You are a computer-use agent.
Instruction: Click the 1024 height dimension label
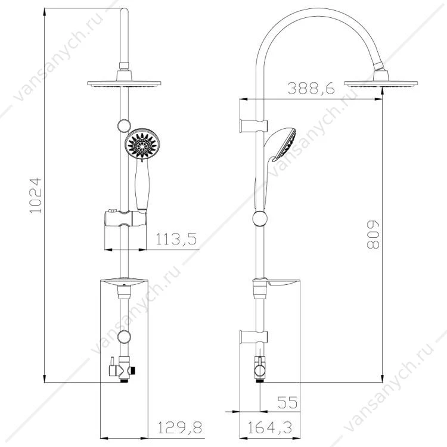click(36, 195)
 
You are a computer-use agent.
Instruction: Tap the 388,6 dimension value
click(311, 88)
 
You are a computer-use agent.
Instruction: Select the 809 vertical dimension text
click(373, 235)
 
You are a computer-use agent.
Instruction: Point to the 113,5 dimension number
click(176, 239)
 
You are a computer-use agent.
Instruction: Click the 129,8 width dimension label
click(179, 427)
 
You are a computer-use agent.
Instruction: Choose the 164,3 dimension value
click(269, 427)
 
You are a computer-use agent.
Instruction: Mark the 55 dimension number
click(287, 402)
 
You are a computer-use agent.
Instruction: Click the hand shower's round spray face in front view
click(142, 144)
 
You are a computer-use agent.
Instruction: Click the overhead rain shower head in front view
click(124, 83)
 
